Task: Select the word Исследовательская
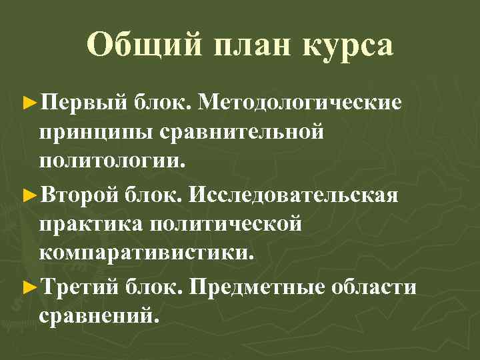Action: (294, 196)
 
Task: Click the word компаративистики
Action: (147, 253)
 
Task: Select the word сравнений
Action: (99, 316)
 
